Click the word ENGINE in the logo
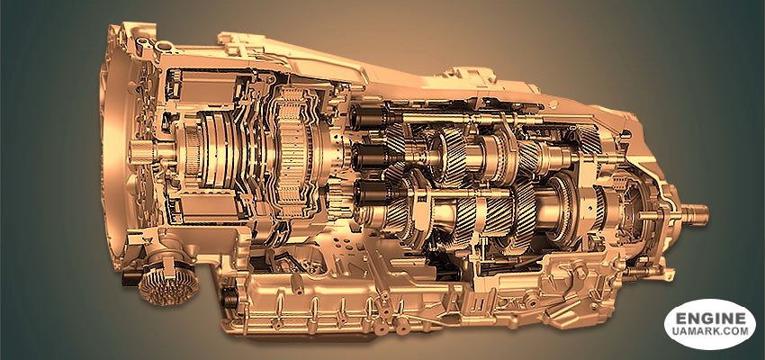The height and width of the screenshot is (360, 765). click(711, 319)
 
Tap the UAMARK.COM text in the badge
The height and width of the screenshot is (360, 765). click(711, 331)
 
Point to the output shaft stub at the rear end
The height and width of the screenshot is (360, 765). click(694, 214)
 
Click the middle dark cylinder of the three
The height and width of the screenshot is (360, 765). click(369, 156)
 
